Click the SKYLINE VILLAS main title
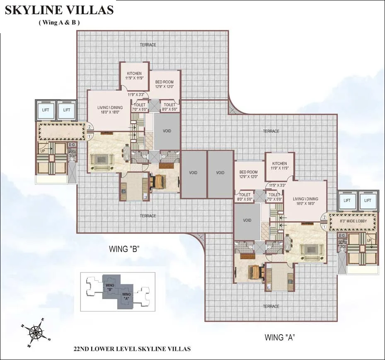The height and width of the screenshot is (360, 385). pos(59,10)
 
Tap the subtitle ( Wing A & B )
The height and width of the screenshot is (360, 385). pos(59,23)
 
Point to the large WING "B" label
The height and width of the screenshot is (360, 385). pos(124,249)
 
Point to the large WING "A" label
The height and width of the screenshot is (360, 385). pos(280,337)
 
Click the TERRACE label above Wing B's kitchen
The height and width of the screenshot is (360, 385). pos(148,45)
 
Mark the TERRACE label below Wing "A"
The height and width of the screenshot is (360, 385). pos(271,306)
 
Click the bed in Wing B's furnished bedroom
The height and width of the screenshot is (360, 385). pos(158,181)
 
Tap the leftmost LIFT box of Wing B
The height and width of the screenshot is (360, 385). pos(46,110)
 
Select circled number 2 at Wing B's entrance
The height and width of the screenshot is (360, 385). pos(90,127)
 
